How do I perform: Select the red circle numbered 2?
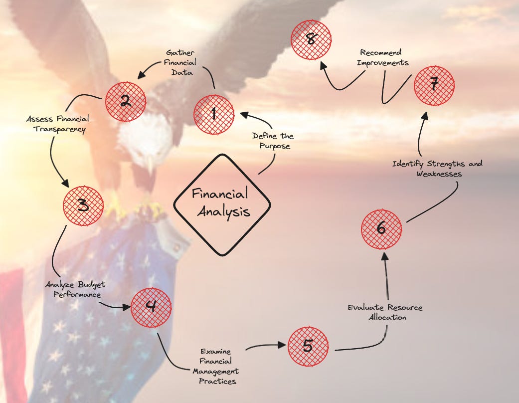125,101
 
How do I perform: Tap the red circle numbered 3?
83,205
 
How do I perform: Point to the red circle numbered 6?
381,229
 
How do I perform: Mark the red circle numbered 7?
434,85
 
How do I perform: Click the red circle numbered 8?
312,39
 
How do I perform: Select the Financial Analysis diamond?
222,204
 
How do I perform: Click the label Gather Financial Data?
180,62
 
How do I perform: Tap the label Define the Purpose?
273,141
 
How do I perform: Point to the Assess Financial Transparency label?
58,124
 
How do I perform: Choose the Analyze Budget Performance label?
75,290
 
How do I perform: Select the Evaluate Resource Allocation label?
385,312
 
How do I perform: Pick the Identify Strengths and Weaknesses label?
437,169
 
